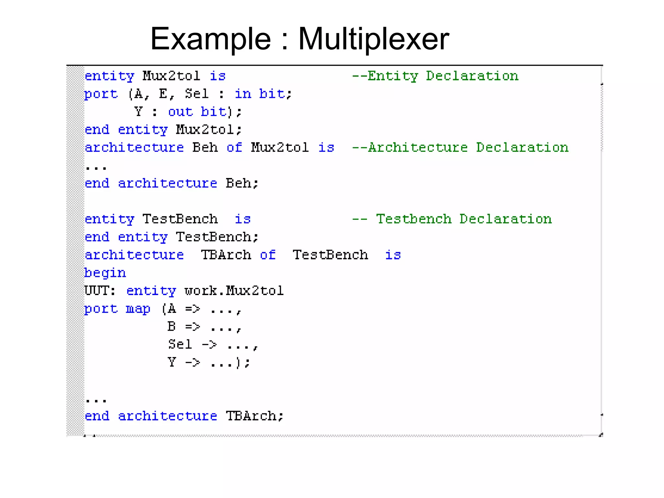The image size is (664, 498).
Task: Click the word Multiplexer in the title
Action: (373, 39)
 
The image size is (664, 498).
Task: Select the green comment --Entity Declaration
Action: (435, 76)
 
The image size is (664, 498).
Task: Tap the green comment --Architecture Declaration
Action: (460, 148)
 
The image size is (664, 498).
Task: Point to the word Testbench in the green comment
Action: (414, 219)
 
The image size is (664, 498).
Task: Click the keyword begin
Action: (105, 273)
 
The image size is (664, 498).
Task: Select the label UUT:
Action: (100, 291)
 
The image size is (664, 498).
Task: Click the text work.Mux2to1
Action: (234, 291)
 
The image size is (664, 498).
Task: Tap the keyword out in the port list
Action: (180, 112)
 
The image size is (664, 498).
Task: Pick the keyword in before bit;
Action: (243, 94)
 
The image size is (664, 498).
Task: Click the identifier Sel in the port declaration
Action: (196, 94)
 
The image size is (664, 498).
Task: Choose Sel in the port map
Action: (180, 344)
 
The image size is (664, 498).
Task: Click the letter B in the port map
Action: (172, 326)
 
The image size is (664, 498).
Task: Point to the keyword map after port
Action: (138, 309)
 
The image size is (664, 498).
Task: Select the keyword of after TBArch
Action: (267, 255)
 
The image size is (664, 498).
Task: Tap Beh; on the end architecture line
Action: (242, 184)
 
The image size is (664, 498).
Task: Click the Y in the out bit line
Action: (138, 112)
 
